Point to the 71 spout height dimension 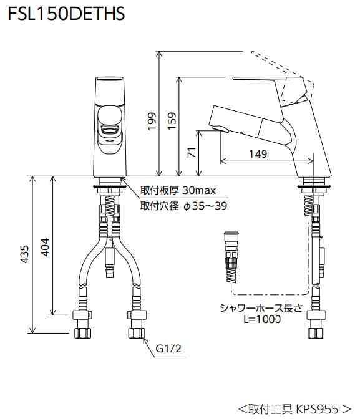click(x=192, y=152)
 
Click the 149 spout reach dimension click(x=257, y=153)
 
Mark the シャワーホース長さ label click(x=260, y=307)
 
